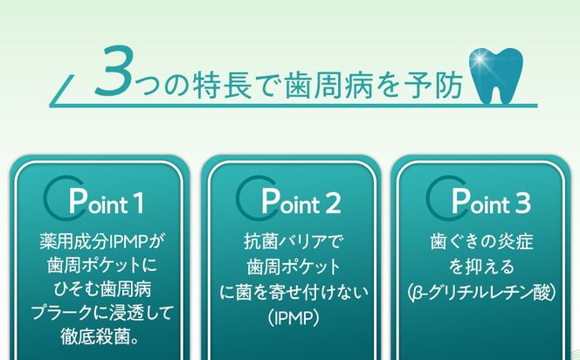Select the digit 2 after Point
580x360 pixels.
pyautogui.click(x=333, y=204)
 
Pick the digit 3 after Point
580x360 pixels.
pyautogui.click(x=522, y=204)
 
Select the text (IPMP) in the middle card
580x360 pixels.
pyautogui.click(x=290, y=311)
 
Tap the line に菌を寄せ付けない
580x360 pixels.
pyautogui.click(x=290, y=287)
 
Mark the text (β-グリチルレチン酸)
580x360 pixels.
pyautogui.click(x=480, y=287)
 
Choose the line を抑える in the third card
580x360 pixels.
pyautogui.click(x=480, y=263)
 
